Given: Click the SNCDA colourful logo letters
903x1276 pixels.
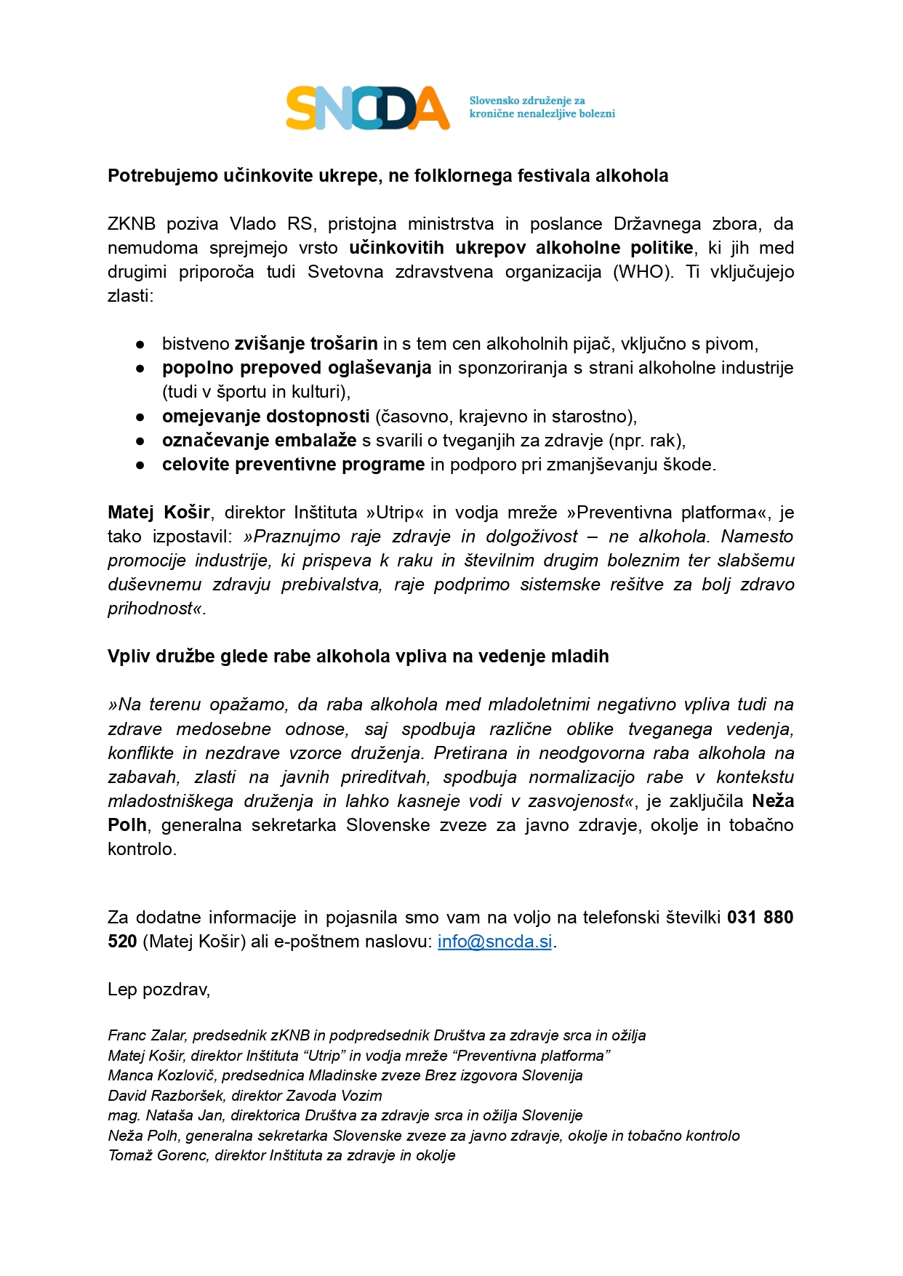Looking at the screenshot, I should click(x=367, y=108).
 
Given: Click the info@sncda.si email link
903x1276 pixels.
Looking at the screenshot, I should click(x=494, y=942).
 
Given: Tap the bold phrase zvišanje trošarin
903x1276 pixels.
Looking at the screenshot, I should click(x=305, y=344).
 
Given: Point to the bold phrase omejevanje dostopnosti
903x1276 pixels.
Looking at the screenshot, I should click(x=265, y=417).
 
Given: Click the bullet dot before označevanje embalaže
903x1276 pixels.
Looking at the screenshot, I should click(x=140, y=441).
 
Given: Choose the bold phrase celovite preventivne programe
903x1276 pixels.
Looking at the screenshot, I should click(x=293, y=465).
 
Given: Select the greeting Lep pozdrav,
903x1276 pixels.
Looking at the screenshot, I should click(x=158, y=990).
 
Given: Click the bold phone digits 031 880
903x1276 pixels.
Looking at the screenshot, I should click(x=760, y=918).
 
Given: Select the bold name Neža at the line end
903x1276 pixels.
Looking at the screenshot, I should click(x=773, y=801).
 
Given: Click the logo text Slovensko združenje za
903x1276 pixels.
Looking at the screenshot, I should click(x=527, y=101).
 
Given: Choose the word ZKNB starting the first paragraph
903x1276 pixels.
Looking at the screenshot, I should click(x=132, y=224).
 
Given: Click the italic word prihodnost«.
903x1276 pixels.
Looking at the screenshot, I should click(x=156, y=609).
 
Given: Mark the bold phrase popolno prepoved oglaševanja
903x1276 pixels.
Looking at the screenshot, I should click(x=297, y=368).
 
